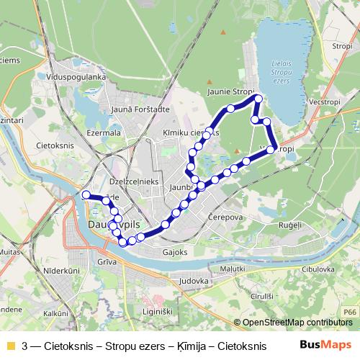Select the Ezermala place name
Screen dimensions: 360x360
103,132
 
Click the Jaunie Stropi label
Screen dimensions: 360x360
230,93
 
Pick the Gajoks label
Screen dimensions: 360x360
175,253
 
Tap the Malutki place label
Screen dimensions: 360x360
233,268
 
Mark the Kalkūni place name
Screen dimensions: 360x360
55,314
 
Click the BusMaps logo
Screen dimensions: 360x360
326,345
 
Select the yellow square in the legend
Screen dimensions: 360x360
10,345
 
